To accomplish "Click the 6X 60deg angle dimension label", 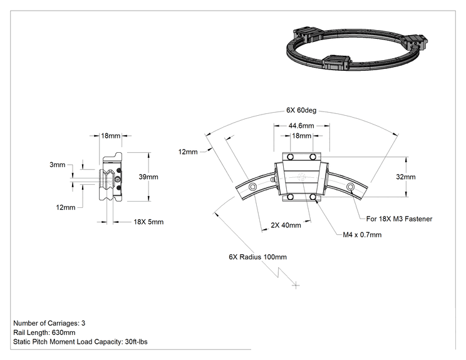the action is pos(301,110).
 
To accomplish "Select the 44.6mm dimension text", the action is pos(301,126).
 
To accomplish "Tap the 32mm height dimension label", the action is pos(406,177).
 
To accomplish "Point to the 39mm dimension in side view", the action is pos(148,177).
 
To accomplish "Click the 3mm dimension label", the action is pos(58,165).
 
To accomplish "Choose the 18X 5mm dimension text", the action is pos(148,222).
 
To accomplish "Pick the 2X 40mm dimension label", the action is pos(286,225).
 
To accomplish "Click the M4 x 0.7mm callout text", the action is pos(362,235).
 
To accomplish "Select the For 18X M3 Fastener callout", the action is pos(399,219).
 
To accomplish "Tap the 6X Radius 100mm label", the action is pos(257,257).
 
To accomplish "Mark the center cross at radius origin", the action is pos(296,285).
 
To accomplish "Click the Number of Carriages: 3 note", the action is pos(49,323).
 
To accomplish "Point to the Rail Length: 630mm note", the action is pos(44,332).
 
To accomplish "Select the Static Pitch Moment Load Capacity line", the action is pos(80,342).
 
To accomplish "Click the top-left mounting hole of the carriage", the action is pos(291,157).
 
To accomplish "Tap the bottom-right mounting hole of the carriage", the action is pos(313,197).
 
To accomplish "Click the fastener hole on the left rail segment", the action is pos(253,187).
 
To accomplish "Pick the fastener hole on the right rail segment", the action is pos(350,187).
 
